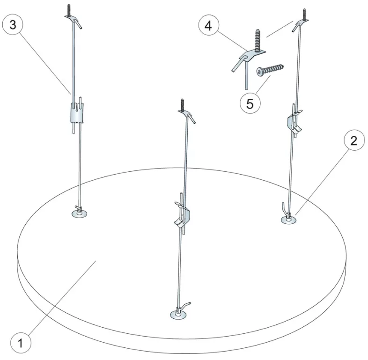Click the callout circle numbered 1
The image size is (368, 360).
point(21,343)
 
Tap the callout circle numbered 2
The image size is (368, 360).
point(354,140)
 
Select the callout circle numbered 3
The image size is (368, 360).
point(13,25)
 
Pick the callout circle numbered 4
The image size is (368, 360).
point(208,26)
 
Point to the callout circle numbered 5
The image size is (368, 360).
point(250,103)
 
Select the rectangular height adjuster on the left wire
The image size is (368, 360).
point(77,113)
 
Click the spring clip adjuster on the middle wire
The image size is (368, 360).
point(183,214)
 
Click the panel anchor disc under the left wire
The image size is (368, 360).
point(80,213)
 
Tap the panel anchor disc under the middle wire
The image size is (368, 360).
point(177,315)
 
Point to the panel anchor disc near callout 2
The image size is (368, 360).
point(289,220)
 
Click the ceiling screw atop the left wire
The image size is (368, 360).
point(69,10)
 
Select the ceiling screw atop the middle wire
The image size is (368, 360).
point(182,105)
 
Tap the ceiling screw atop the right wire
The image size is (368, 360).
point(304,15)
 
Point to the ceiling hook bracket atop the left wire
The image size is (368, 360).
point(74,21)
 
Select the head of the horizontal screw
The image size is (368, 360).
point(259,72)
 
